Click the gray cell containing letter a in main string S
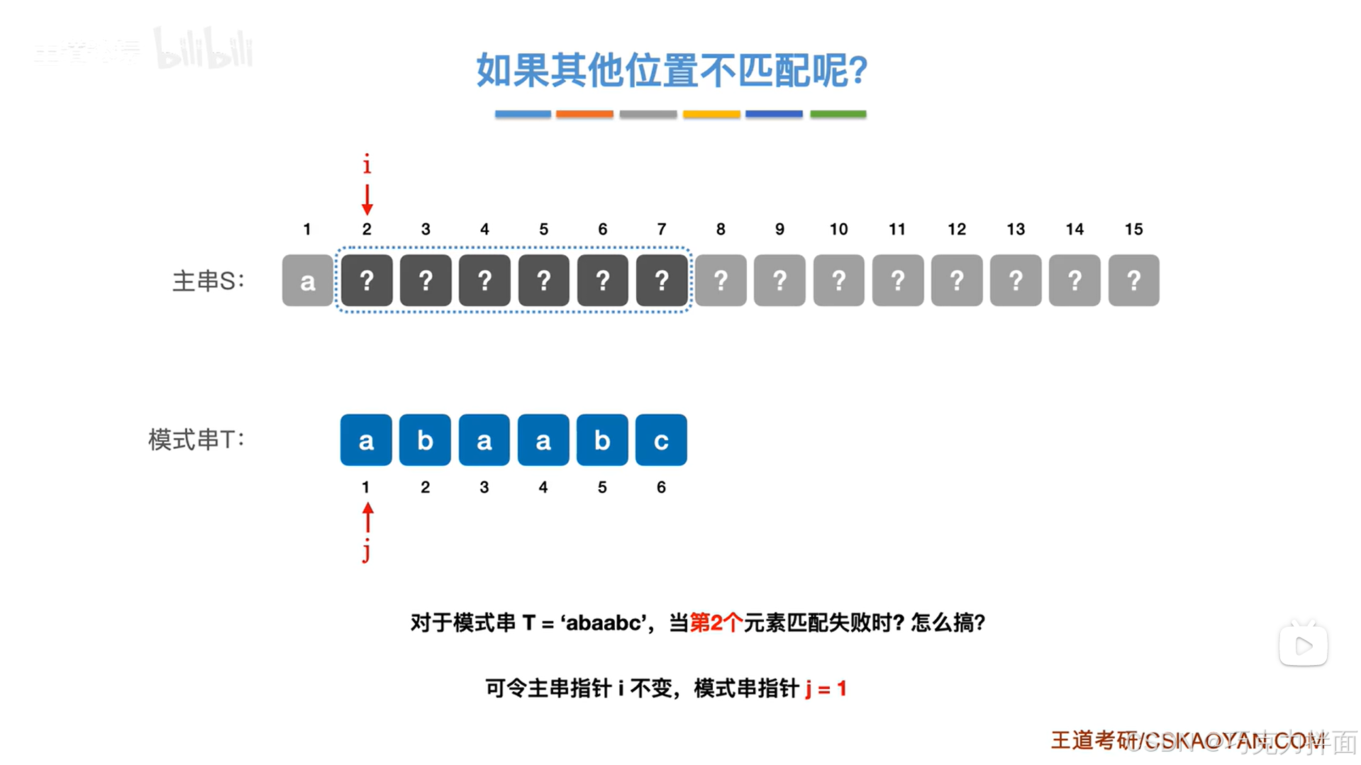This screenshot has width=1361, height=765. coord(307,281)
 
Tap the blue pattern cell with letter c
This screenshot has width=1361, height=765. coord(661,440)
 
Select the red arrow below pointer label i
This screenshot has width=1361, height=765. coord(367,199)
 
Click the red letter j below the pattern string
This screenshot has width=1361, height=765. coord(366,550)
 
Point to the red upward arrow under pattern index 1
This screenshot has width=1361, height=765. coord(367,518)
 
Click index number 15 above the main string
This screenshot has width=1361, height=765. coord(1133,229)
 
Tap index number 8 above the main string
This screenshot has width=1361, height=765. coord(721,229)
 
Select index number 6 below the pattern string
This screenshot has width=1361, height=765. coord(661,487)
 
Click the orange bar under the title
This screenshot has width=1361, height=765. coord(584,113)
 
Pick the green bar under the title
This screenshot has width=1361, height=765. coord(838,113)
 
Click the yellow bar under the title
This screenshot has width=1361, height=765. coord(711,113)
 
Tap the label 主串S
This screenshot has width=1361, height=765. coord(208,281)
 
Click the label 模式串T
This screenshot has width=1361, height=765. coord(196,440)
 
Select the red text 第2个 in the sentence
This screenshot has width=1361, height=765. coord(716,622)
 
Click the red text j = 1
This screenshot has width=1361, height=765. coord(826,688)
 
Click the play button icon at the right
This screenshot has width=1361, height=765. coord(1303,645)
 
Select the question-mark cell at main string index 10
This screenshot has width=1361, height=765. coord(838,281)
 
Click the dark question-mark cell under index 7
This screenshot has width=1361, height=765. coord(661,281)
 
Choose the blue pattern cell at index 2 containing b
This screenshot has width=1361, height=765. coord(425,440)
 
